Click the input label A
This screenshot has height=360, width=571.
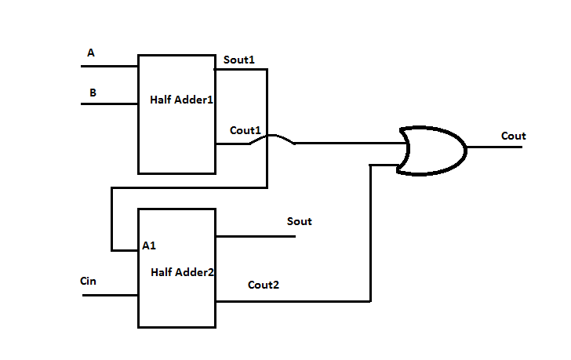click(91, 53)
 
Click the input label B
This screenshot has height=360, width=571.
click(93, 93)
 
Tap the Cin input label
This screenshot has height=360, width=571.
click(89, 280)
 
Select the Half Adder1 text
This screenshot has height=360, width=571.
click(182, 100)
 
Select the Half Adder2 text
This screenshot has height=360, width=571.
click(182, 271)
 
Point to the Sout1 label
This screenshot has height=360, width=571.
click(239, 60)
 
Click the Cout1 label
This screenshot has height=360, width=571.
click(245, 129)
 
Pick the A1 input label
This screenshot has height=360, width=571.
click(149, 245)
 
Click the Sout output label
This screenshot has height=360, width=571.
click(300, 221)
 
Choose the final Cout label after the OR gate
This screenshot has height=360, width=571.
click(514, 136)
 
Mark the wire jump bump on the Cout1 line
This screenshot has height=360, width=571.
click(272, 138)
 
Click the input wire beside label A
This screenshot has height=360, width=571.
click(110, 66)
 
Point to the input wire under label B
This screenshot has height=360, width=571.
click(110, 104)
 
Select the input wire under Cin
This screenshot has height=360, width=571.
click(110, 295)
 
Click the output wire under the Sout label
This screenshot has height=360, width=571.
click(256, 235)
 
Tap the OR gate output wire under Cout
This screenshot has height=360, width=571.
click(494, 147)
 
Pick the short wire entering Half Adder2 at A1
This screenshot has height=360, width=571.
click(125, 250)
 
